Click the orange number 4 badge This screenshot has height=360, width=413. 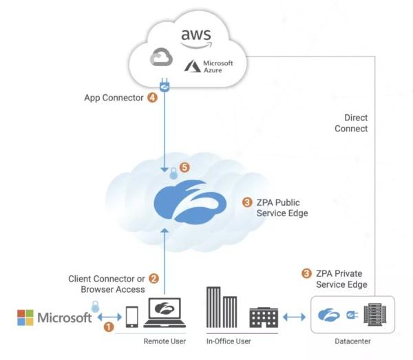[x=152, y=98]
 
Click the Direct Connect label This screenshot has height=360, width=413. [x=351, y=123]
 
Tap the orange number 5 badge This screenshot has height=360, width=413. [x=184, y=167]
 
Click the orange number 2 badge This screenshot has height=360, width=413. [x=153, y=279]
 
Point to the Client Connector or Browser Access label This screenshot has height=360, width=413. [x=107, y=284]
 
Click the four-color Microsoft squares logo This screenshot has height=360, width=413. [x=25, y=317]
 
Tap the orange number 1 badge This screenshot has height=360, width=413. [x=108, y=328]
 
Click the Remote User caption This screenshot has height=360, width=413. [x=164, y=341]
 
